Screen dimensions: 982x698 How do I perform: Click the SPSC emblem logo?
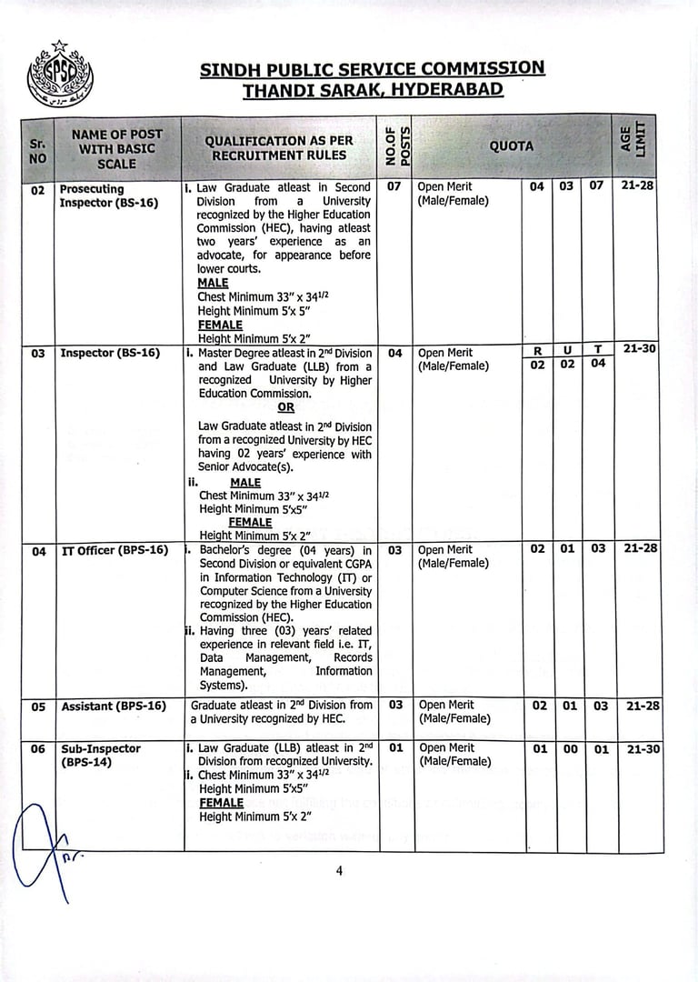point(60,75)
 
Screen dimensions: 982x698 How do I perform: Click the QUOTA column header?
point(512,146)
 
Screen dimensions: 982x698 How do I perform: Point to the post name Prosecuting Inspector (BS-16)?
point(108,195)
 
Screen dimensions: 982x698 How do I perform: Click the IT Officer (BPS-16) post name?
point(115,550)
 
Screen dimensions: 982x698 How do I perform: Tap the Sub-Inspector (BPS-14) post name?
point(101,756)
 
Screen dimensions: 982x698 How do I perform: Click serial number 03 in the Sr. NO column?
point(38,353)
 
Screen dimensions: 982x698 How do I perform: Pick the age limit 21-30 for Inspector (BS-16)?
point(642,348)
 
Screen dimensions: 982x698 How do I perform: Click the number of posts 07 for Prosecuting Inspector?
point(394,186)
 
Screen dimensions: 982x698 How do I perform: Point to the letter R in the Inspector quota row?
point(537,350)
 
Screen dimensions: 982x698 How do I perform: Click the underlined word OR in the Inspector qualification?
point(285,408)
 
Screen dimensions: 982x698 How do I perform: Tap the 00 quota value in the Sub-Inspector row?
point(566,749)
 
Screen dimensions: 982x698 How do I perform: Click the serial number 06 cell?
point(38,749)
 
